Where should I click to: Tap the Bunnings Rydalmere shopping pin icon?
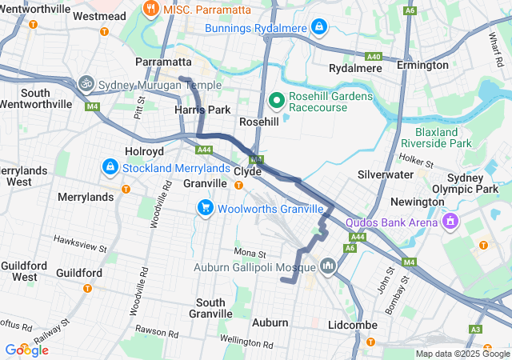[319, 28]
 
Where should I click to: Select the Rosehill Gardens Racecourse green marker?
[277, 100]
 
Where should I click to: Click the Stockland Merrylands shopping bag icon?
[110, 167]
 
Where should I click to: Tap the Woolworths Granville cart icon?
[206, 208]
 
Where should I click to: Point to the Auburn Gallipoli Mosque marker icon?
[328, 265]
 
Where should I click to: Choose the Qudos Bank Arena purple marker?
[450, 219]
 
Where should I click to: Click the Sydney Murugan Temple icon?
[86, 82]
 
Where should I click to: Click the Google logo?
[26, 350]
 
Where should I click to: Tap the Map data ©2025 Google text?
[461, 354]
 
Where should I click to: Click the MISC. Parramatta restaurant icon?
[150, 9]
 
